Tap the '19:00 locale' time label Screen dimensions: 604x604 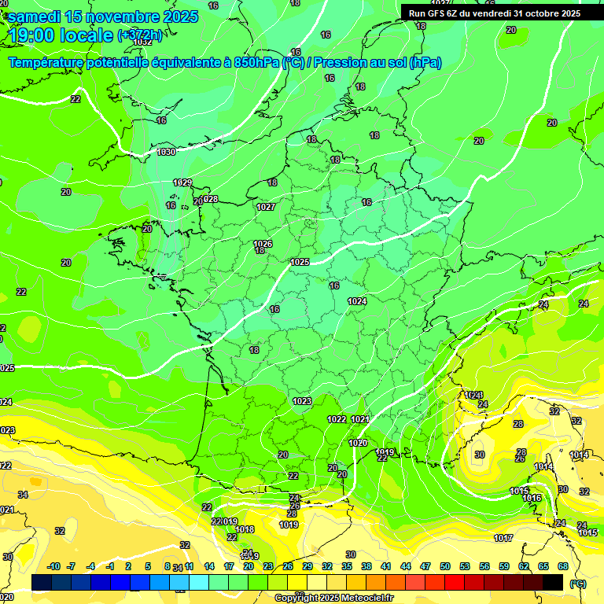click(x=60, y=35)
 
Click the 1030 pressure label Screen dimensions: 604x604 click(x=166, y=152)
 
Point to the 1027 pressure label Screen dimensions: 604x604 click(x=266, y=207)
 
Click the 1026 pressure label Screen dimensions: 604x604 click(x=263, y=244)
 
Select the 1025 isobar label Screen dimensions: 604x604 click(x=300, y=262)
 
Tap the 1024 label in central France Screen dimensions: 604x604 click(x=357, y=301)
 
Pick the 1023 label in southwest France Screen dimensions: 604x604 click(x=302, y=401)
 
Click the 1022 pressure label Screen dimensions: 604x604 click(x=337, y=419)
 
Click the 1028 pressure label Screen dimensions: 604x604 click(x=209, y=199)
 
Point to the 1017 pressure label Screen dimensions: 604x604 click(x=503, y=538)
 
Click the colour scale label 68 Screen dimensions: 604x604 click(x=563, y=566)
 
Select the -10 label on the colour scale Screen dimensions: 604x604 click(x=54, y=566)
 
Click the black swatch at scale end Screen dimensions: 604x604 click(x=553, y=582)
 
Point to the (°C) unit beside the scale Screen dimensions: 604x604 click(x=577, y=583)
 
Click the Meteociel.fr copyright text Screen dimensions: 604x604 click(x=333, y=598)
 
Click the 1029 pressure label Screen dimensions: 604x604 click(x=182, y=182)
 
